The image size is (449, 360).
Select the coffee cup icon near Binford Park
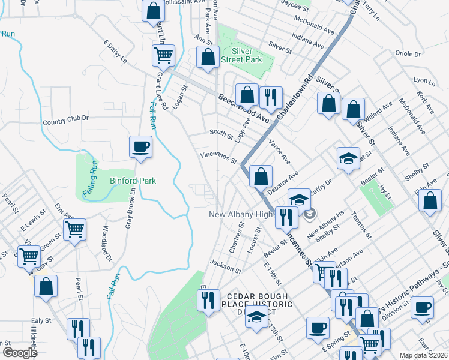tap(140, 147)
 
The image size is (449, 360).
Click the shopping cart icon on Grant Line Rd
tap(163, 56)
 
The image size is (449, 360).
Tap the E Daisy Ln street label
tap(115, 52)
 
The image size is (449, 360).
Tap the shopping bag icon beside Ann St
tap(208, 58)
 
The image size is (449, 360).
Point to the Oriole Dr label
tap(408, 53)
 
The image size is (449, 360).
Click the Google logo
tap(20, 353)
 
